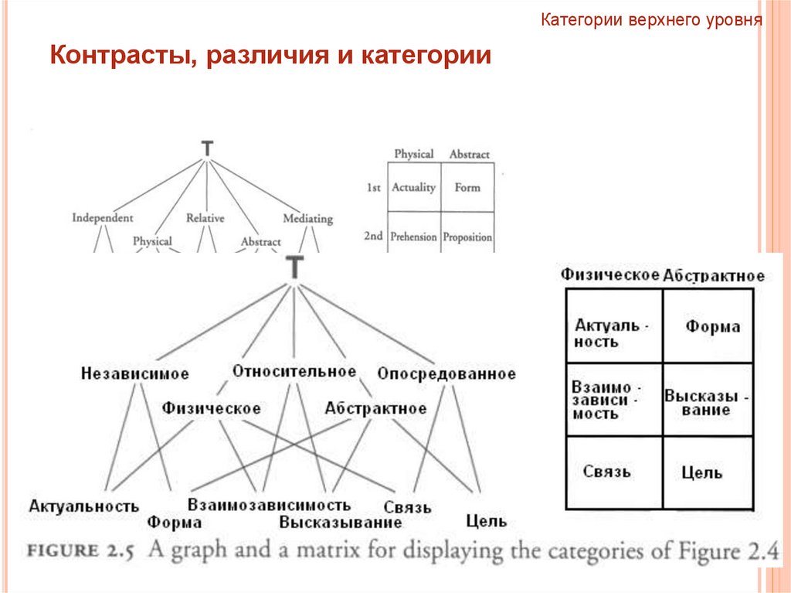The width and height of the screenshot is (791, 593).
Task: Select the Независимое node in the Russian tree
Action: [134, 374]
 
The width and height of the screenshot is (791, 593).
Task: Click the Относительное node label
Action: [294, 371]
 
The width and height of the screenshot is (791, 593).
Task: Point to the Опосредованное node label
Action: [446, 374]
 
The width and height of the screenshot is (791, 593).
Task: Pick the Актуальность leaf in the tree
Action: [84, 506]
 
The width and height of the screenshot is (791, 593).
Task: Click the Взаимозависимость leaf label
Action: [269, 506]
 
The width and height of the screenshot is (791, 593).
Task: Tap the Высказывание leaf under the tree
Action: [341, 523]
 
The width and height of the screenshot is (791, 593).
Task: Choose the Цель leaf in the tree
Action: [487, 521]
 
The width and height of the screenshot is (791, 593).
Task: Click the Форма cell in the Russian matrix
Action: [712, 326]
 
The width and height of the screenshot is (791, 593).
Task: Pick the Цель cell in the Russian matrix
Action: [702, 472]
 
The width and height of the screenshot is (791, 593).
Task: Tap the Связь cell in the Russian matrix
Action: [607, 471]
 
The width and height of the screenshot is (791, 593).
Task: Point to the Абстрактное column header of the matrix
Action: [714, 276]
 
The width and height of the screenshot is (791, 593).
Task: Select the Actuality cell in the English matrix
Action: [413, 187]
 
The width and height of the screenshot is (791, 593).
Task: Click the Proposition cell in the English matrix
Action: [467, 237]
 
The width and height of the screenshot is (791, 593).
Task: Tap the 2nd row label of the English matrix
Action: [374, 236]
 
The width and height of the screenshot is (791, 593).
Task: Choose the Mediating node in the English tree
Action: [307, 219]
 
